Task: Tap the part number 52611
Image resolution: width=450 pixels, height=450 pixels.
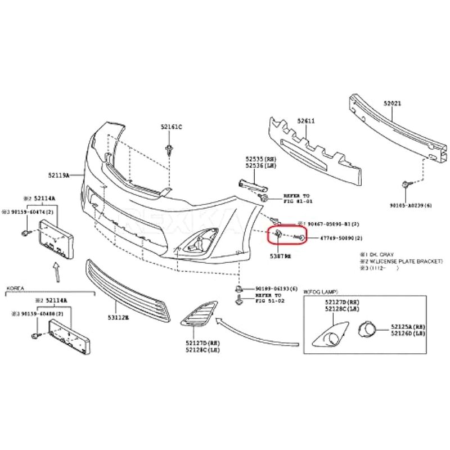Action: tap(306, 121)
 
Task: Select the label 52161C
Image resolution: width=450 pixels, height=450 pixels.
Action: tap(172, 127)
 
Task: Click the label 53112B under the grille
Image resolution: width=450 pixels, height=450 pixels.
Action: tap(118, 318)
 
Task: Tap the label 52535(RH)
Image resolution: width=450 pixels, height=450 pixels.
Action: tap(257, 160)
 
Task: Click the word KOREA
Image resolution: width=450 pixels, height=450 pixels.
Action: tap(16, 288)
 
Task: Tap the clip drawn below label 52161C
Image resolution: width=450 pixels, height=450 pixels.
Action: tap(169, 150)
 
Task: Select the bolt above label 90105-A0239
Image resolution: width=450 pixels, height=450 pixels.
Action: tap(406, 184)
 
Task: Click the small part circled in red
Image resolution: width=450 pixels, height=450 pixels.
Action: tap(278, 234)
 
